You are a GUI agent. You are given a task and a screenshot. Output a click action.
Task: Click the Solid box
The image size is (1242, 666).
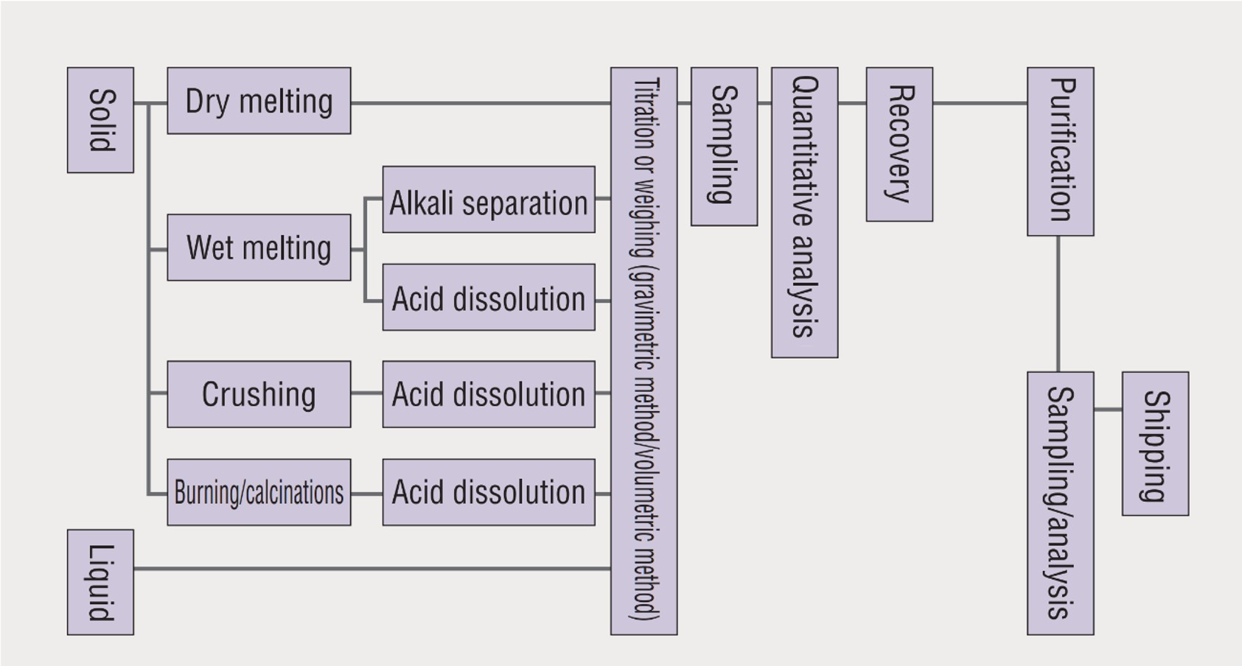coord(100,120)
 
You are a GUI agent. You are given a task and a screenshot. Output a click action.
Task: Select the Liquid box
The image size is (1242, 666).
coord(100,582)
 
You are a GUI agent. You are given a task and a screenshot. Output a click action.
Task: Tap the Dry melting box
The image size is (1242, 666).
coord(259,101)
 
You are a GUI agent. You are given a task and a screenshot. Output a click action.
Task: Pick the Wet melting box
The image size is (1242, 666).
coord(259,248)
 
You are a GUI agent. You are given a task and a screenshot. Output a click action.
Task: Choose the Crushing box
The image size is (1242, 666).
coord(259,394)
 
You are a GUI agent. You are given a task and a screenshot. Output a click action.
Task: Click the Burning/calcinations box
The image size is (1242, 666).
coord(259,492)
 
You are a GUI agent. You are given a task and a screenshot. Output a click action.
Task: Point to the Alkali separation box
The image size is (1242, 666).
coord(489,200)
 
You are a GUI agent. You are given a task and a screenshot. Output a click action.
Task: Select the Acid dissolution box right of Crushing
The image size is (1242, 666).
coord(489,394)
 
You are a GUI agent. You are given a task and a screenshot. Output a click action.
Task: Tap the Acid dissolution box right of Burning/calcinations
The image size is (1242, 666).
coord(489,492)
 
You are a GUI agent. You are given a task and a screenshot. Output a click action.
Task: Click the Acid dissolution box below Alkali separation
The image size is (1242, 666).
coord(489,297)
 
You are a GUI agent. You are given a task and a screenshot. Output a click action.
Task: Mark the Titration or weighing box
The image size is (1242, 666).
coord(643,351)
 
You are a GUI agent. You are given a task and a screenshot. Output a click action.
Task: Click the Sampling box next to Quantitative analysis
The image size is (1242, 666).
coord(724,147)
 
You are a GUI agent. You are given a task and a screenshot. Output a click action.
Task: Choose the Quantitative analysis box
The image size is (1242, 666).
coord(804,212)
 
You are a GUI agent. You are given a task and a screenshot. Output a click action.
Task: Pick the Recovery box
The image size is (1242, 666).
coord(899,144)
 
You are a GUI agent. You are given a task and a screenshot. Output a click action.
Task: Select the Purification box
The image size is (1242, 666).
coord(1060,152)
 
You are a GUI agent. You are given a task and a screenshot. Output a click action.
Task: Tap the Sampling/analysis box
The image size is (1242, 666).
coord(1060,503)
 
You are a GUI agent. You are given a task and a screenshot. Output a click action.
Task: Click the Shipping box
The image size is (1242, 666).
coord(1155,444)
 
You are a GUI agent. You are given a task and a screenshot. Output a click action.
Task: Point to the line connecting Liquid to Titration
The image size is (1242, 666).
coord(372,568)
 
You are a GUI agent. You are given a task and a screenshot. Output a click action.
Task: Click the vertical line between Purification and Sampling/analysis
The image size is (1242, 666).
coord(1058,304)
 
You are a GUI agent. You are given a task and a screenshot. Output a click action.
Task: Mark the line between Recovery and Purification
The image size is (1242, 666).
coord(980,103)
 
